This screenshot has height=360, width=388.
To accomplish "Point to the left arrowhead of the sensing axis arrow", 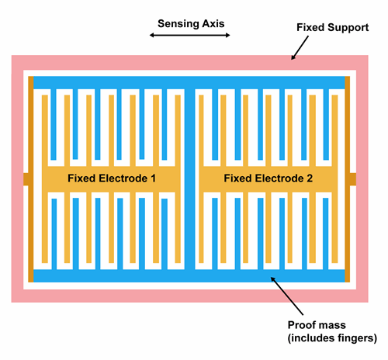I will point(154,36).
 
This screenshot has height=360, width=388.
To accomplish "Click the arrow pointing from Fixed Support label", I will point(299,49).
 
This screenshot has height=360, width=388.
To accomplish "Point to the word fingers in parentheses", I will point(355,337).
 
